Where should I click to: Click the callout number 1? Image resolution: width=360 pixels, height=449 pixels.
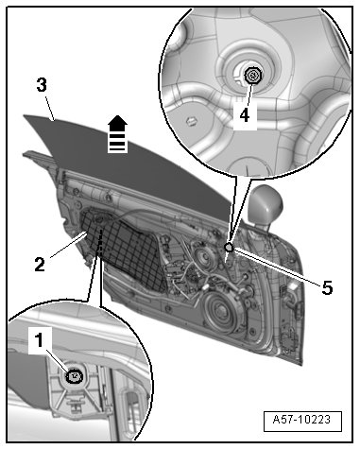pyautogui.click(x=39, y=340)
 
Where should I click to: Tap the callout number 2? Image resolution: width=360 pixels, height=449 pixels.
pyautogui.click(x=40, y=264)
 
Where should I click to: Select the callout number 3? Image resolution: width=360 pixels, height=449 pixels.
pyautogui.click(x=42, y=85)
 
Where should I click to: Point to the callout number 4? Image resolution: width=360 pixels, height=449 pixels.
pyautogui.click(x=245, y=115)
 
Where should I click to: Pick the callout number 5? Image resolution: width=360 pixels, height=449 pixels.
pyautogui.click(x=327, y=287)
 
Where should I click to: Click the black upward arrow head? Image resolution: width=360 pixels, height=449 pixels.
pyautogui.click(x=118, y=124)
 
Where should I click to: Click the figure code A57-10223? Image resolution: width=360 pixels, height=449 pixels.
pyautogui.click(x=302, y=421)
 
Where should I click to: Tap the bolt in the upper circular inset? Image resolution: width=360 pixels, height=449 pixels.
pyautogui.click(x=252, y=76)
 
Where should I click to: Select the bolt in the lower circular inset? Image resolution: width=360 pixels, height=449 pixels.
pyautogui.click(x=75, y=376)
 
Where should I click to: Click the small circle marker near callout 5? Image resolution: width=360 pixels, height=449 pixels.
pyautogui.click(x=229, y=248)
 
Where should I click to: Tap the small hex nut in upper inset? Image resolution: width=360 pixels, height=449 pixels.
pyautogui.click(x=190, y=121)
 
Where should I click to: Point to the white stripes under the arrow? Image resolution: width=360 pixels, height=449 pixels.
pyautogui.click(x=117, y=143)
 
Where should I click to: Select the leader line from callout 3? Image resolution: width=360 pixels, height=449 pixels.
pyautogui.click(x=51, y=109)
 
